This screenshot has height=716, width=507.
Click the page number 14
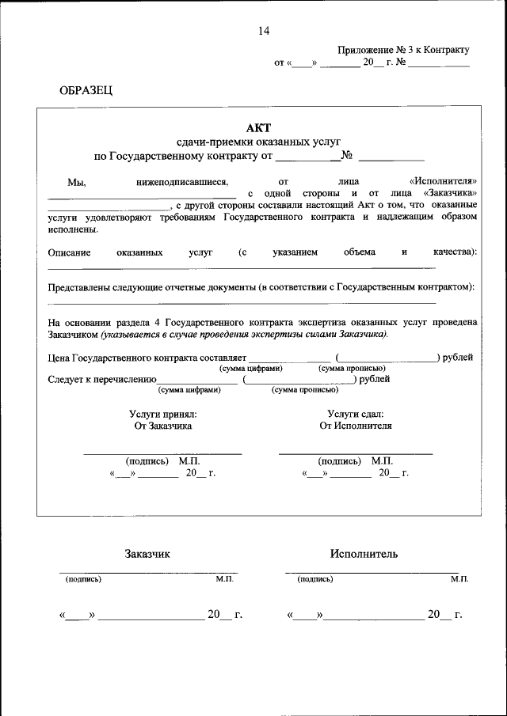264,31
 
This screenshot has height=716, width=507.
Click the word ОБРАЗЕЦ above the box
86,91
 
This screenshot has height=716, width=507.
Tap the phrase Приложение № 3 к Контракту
403,49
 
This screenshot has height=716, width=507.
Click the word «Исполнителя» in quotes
443,181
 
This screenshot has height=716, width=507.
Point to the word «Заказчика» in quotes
450,192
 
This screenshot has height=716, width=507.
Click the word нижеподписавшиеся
182,181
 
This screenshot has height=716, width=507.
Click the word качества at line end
453,252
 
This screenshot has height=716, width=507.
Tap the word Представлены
77,286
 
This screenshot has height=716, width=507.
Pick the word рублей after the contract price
459,358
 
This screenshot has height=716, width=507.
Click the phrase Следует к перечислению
102,380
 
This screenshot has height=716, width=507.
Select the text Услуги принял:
162,413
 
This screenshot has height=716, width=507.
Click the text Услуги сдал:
355,413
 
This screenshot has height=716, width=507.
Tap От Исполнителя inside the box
355,426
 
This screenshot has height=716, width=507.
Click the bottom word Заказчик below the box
147,554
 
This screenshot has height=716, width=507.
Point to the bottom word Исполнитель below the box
364,554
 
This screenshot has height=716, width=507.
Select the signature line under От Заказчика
162,453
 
